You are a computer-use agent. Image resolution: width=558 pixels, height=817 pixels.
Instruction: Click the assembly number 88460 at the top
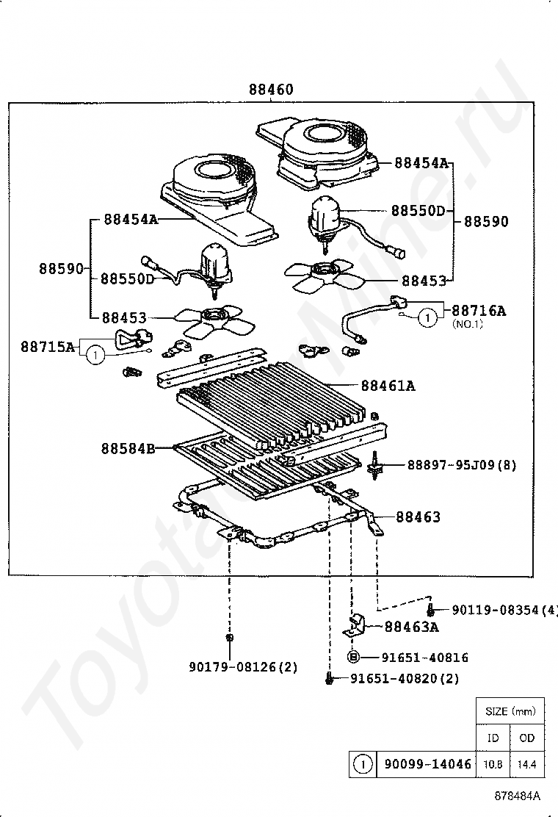pyautogui.click(x=271, y=90)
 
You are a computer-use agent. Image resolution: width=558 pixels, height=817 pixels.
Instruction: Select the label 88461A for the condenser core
pyautogui.click(x=388, y=385)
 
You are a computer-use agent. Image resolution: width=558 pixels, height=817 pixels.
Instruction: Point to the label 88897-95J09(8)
pyautogui.click(x=461, y=465)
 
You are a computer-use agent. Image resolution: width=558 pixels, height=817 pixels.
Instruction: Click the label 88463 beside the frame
pyautogui.click(x=418, y=517)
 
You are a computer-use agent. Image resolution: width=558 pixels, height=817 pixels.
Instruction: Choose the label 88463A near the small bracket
pyautogui.click(x=411, y=627)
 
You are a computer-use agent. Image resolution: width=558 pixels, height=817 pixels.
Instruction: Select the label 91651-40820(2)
pyautogui.click(x=405, y=679)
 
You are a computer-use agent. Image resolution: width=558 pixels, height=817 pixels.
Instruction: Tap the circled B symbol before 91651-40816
pyautogui.click(x=353, y=658)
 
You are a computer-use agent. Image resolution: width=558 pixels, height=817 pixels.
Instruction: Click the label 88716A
pyautogui.click(x=479, y=310)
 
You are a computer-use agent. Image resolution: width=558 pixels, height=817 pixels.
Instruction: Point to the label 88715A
pyautogui.click(x=48, y=346)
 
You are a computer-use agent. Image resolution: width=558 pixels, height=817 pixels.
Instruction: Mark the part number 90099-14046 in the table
pyautogui.click(x=427, y=764)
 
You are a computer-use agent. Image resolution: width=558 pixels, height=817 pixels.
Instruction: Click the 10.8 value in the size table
pyautogui.click(x=493, y=765)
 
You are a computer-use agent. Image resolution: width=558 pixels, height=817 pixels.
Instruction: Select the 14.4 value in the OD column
pyautogui.click(x=526, y=765)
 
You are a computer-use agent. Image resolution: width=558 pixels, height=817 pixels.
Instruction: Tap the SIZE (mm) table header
pyautogui.click(x=510, y=711)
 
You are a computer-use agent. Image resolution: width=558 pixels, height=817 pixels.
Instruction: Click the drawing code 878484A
pyautogui.click(x=517, y=796)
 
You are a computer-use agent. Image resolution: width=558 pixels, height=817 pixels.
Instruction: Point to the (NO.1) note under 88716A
pyautogui.click(x=467, y=324)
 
